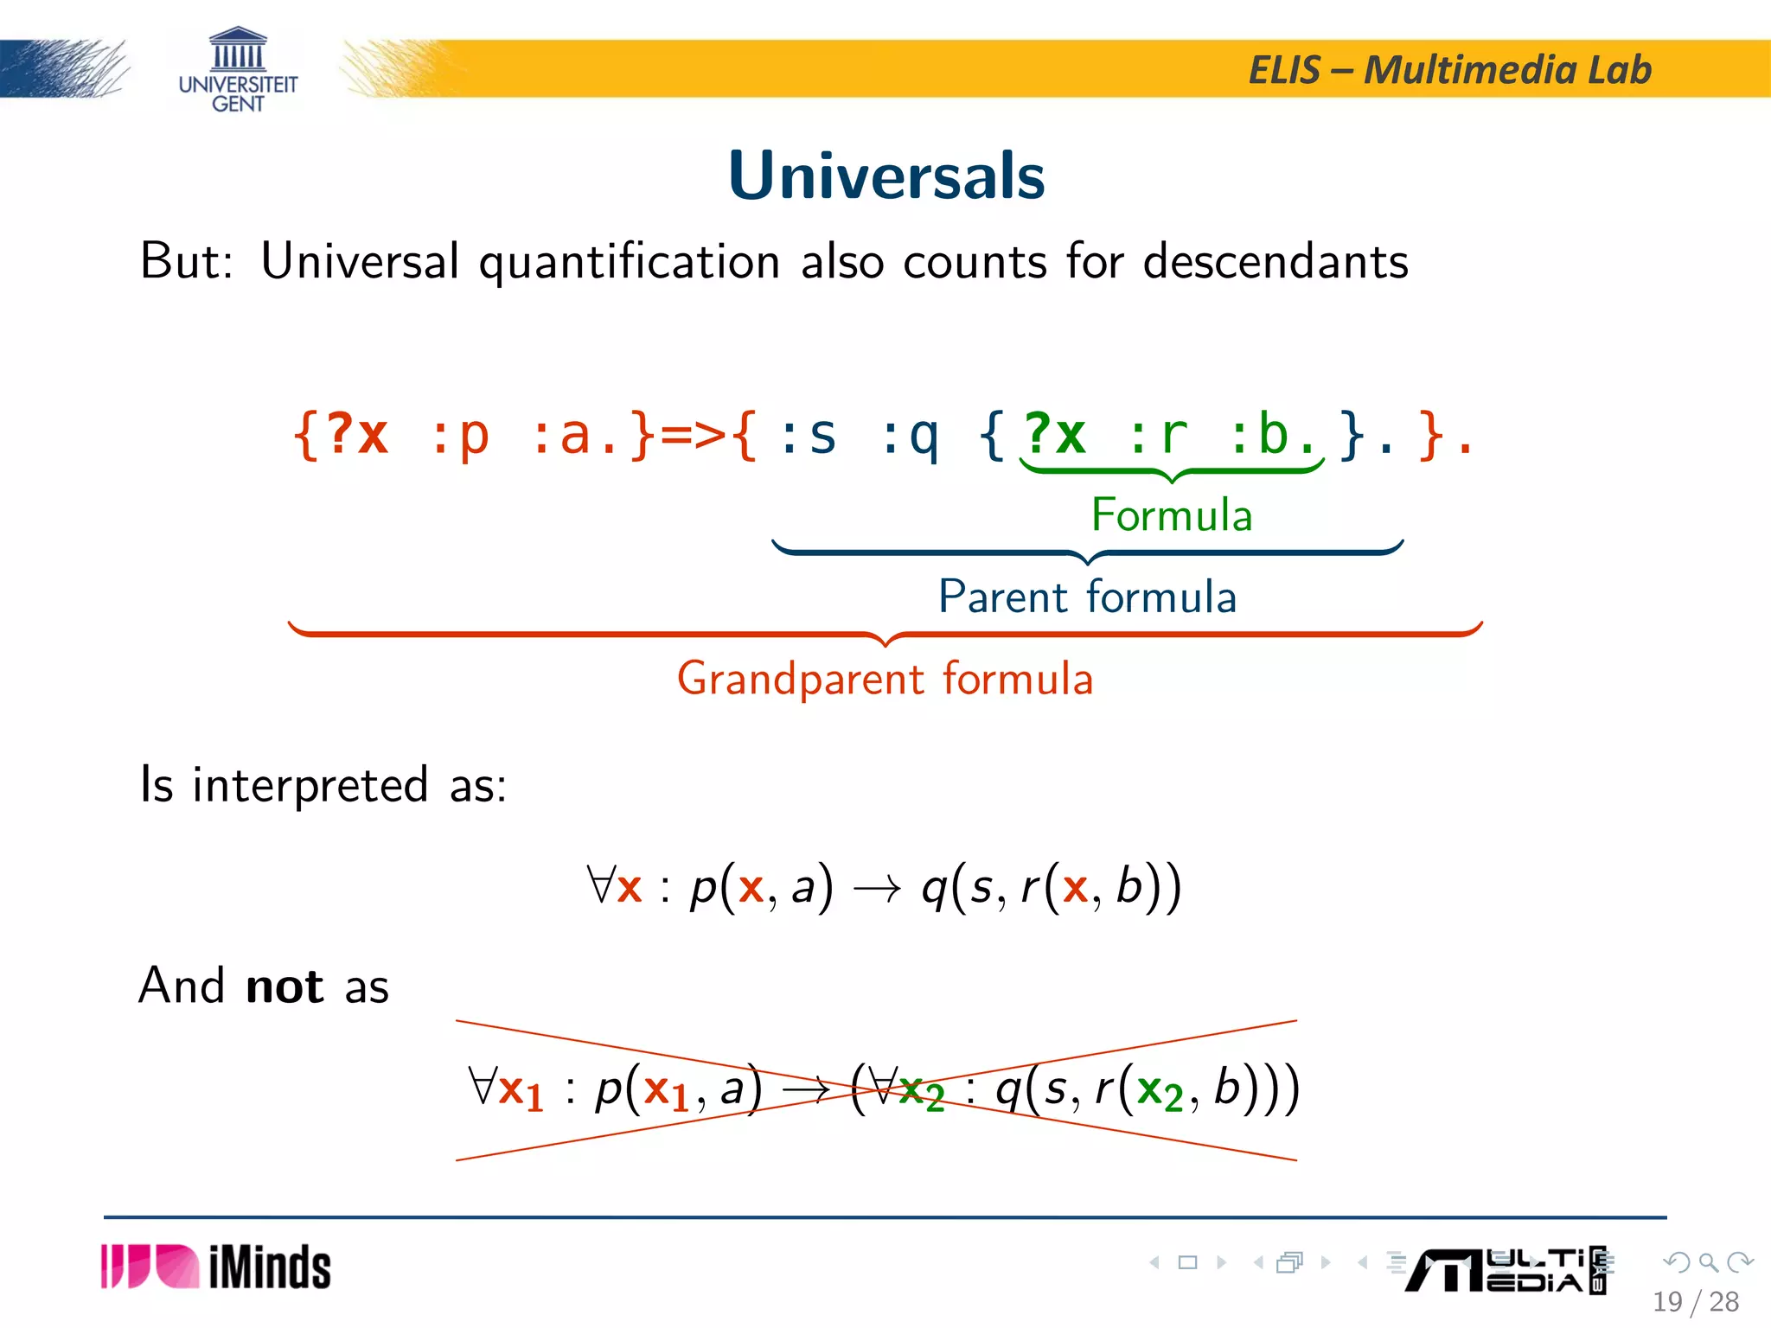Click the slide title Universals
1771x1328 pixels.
[886, 176]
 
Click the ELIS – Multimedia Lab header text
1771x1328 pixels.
[1449, 70]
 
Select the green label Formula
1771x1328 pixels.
[1171, 515]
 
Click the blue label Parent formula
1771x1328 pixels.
[1087, 597]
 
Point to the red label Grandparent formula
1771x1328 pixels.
[885, 679]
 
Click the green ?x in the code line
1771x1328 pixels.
[1054, 434]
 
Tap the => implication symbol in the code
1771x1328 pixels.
[693, 435]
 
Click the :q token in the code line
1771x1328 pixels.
[909, 435]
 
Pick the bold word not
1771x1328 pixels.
[285, 986]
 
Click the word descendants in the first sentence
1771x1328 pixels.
[1276, 261]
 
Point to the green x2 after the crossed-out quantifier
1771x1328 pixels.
[921, 1091]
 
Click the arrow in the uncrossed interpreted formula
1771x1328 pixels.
[877, 889]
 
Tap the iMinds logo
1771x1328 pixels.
[216, 1267]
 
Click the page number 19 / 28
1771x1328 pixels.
[1695, 1301]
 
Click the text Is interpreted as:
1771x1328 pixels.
[323, 785]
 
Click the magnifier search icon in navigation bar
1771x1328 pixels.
[1708, 1262]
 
